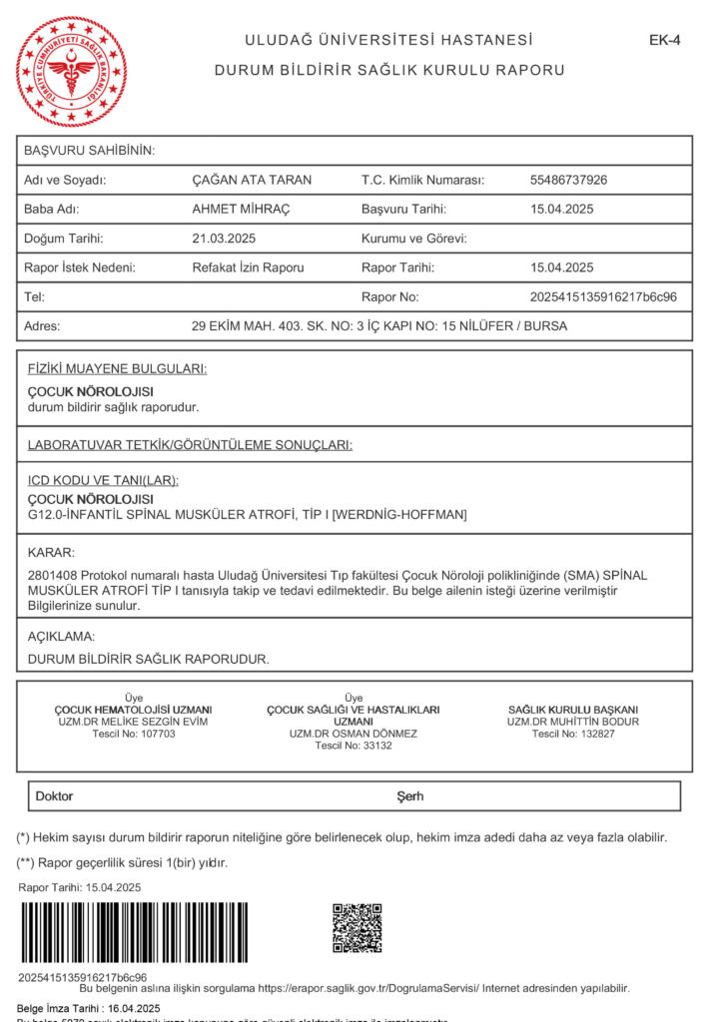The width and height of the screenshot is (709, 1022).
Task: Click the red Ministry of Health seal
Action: pyautogui.click(x=72, y=71)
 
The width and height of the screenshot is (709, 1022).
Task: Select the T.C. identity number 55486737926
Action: pyautogui.click(x=568, y=181)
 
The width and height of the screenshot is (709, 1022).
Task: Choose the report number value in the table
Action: pyautogui.click(x=602, y=296)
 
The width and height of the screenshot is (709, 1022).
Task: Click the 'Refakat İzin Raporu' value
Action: pyautogui.click(x=248, y=267)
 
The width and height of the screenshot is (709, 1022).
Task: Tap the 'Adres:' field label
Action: pyautogui.click(x=42, y=325)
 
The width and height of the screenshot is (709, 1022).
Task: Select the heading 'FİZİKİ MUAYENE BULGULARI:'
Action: pyautogui.click(x=117, y=369)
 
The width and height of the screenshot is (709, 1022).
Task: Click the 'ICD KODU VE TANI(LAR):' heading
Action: pyautogui.click(x=103, y=480)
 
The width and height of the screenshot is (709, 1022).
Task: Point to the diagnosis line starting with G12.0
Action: pyautogui.click(x=247, y=515)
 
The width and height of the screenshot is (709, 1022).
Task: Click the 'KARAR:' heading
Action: pyautogui.click(x=51, y=552)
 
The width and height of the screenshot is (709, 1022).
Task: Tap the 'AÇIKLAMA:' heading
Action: pyautogui.click(x=61, y=636)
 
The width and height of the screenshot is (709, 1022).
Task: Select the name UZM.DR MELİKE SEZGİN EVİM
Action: pyautogui.click(x=133, y=722)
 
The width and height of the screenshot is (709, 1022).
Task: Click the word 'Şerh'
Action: pyautogui.click(x=410, y=796)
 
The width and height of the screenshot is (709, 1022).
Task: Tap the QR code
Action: pyautogui.click(x=356, y=928)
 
